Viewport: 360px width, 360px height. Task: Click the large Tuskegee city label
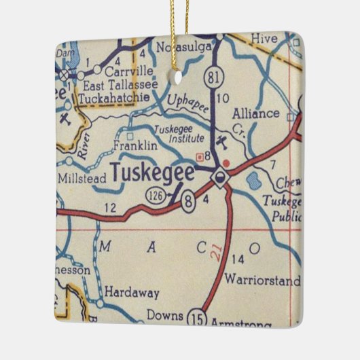pos(152,173)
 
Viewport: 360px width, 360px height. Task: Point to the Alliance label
pos(255,113)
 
